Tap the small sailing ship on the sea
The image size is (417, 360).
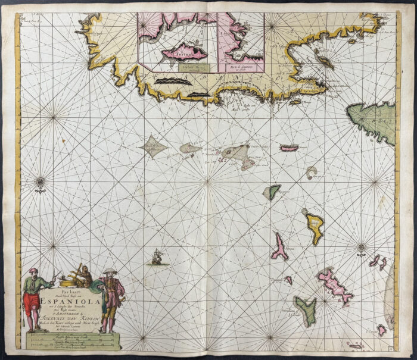pos(157,256)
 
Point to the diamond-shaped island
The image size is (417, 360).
pos(154,145)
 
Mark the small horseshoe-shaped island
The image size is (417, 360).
pos(311,173)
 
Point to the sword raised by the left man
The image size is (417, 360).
pos(54,274)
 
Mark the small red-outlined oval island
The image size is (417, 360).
pos(289,148)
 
